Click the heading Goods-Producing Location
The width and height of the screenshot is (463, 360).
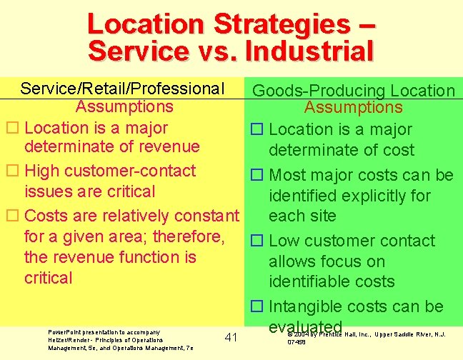(x=354, y=91)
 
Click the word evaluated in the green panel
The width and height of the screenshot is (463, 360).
(x=294, y=326)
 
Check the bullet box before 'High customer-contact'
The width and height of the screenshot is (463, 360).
(x=12, y=171)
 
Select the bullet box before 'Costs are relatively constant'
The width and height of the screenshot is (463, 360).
(x=12, y=216)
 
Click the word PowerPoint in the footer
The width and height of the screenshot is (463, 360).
(x=65, y=332)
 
